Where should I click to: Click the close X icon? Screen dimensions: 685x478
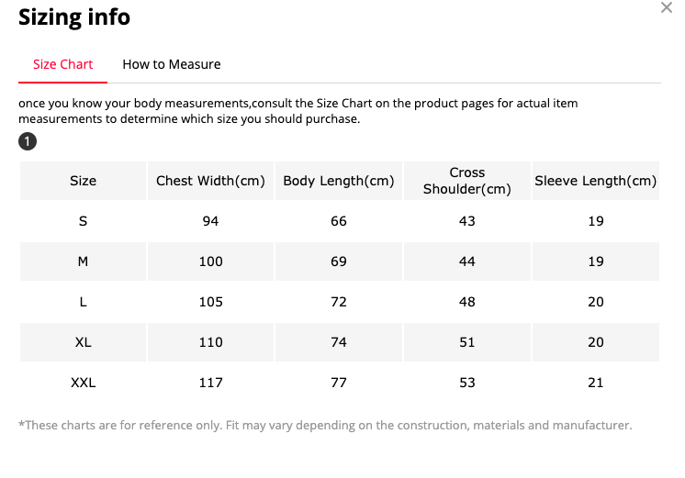point(667,7)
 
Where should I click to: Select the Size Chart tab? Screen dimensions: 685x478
point(63,64)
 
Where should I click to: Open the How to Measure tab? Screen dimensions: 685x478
point(171,64)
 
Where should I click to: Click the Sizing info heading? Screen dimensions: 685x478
point(74,17)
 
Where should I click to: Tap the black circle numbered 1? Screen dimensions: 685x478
point(28,141)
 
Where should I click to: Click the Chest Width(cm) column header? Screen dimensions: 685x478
point(210,181)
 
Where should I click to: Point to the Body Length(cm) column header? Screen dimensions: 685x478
point(339,181)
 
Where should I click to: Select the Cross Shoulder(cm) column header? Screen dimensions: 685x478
point(467,181)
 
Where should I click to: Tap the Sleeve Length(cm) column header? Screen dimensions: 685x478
point(595,181)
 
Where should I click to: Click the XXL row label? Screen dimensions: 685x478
point(83,383)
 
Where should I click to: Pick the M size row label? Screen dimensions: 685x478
point(83,261)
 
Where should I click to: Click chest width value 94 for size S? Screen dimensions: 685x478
point(210,221)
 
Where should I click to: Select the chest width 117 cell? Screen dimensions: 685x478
point(210,383)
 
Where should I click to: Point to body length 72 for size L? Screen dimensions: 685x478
point(339,302)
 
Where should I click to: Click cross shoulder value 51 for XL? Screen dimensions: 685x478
point(467,342)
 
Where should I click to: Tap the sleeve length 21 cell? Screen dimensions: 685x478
point(595,383)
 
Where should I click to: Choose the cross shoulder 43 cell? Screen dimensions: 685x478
point(467,221)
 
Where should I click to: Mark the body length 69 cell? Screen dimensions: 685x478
point(339,261)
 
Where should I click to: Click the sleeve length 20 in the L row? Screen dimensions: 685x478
point(595,302)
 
